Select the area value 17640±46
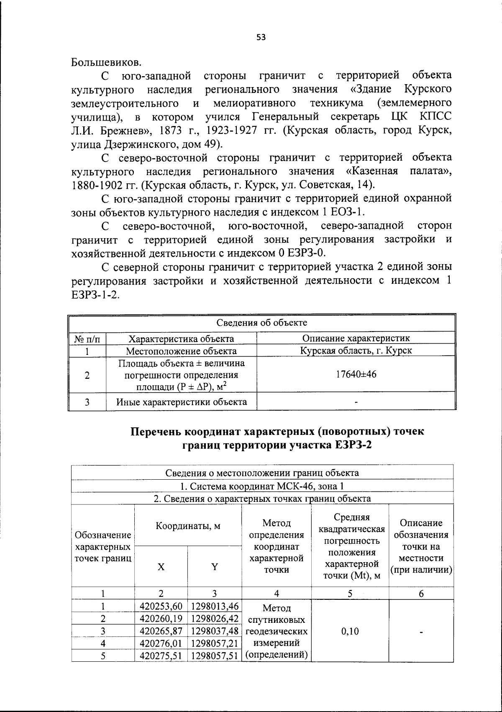tap(356, 374)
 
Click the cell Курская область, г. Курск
tap(356, 350)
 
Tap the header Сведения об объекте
tap(261, 322)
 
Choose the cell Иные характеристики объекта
tap(181, 402)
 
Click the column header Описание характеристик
tap(356, 338)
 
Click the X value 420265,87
tap(161, 631)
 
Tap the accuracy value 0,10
tap(350, 631)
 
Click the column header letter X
tap(161, 567)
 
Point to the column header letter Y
tap(214, 567)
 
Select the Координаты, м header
tap(188, 526)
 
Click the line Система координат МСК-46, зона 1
tap(262, 486)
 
